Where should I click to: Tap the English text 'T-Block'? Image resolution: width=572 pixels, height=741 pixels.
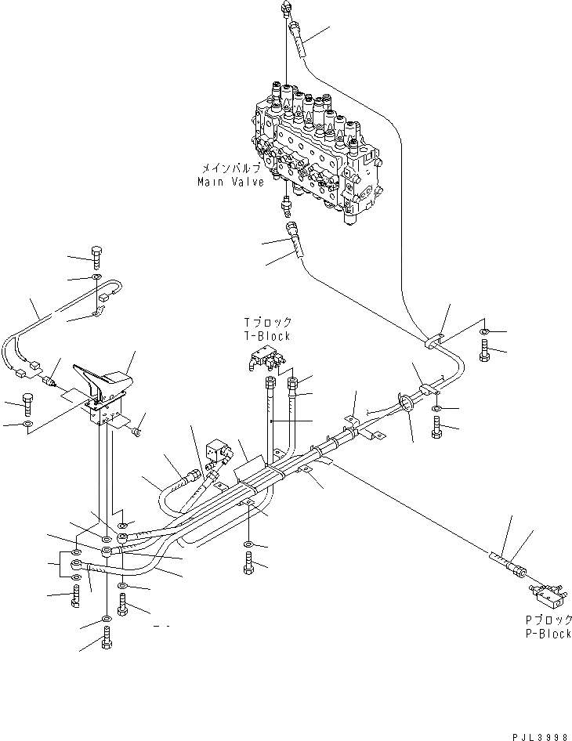coord(267,336)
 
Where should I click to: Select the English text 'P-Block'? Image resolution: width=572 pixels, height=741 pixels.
coord(548,634)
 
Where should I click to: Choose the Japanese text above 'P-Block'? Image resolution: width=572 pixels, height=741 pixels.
coord(548,620)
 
